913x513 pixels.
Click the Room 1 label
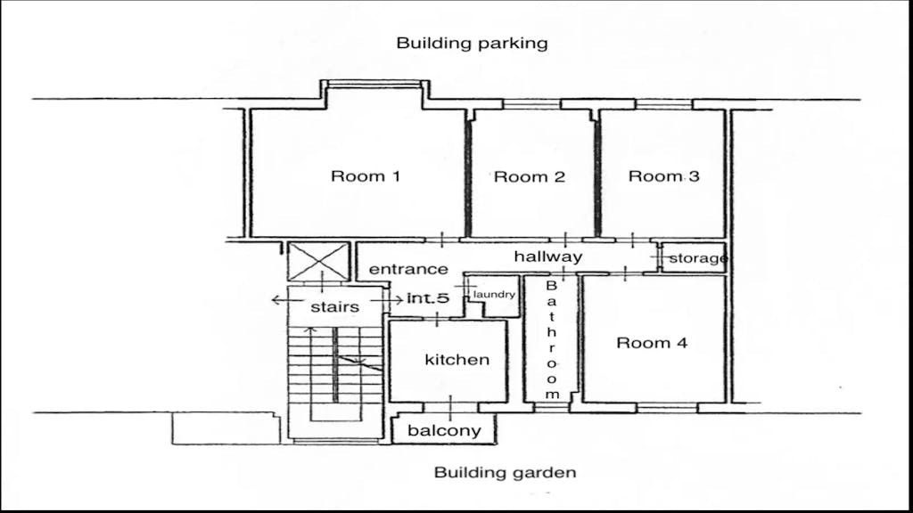click(x=366, y=175)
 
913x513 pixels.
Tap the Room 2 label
click(x=530, y=176)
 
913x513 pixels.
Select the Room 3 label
click(x=663, y=175)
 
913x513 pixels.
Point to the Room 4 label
click(x=652, y=343)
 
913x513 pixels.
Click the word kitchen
click(x=457, y=360)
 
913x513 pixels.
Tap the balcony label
click(x=444, y=430)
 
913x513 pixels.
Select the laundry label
click(x=494, y=294)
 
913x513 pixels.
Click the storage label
click(x=698, y=257)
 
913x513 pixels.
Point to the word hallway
click(x=548, y=256)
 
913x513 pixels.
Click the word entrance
click(x=408, y=269)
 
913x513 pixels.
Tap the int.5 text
click(x=428, y=298)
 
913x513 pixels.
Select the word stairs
click(x=335, y=306)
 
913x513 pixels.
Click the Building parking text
click(x=473, y=43)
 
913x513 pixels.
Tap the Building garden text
click(x=505, y=472)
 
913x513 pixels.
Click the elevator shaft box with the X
click(x=318, y=261)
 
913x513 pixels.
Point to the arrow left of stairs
click(x=287, y=300)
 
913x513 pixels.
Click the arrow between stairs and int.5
click(x=387, y=299)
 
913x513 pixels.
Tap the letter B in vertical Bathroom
click(x=551, y=286)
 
